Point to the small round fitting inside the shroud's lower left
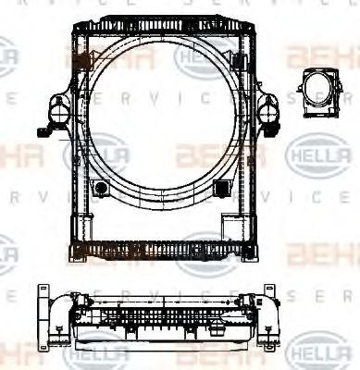(102, 189)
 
